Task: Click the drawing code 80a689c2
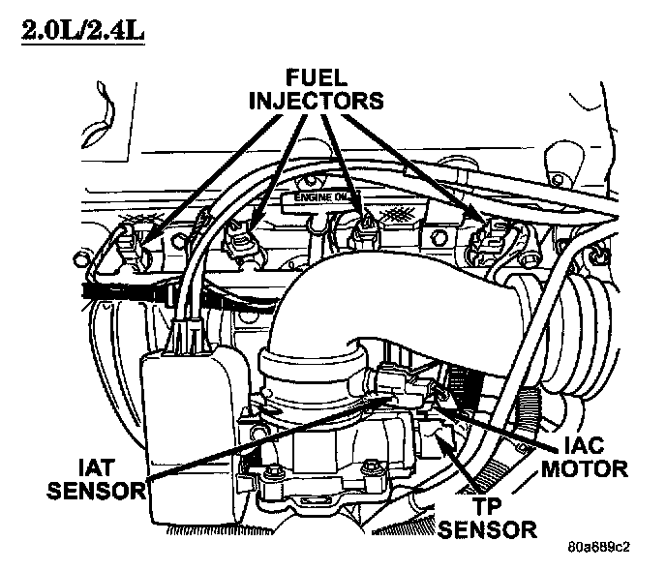(597, 547)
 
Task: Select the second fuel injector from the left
(240, 236)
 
